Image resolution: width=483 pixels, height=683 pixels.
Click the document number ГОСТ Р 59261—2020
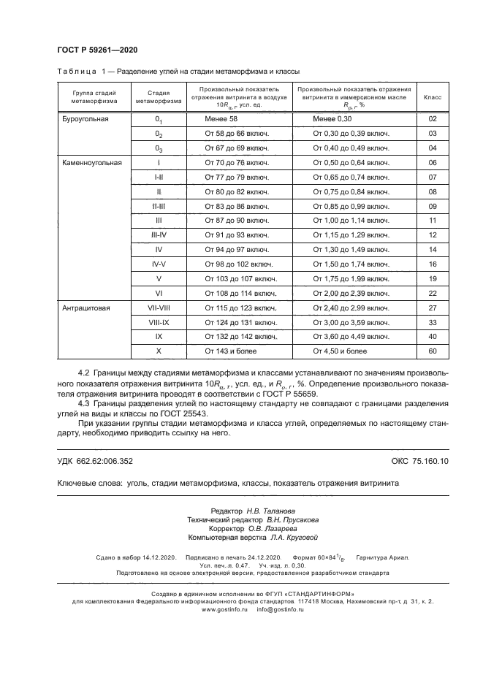97,50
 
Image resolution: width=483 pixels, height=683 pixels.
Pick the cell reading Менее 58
223,118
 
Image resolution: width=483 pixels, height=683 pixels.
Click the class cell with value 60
433,351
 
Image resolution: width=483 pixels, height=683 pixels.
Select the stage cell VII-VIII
159,308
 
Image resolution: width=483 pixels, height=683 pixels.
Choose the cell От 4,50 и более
340,351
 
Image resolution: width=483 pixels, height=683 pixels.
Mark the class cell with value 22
433,293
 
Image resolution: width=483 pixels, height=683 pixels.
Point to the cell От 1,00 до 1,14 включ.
351,220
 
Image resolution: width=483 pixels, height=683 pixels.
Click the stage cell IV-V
159,264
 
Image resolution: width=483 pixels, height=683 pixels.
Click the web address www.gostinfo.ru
225,608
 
